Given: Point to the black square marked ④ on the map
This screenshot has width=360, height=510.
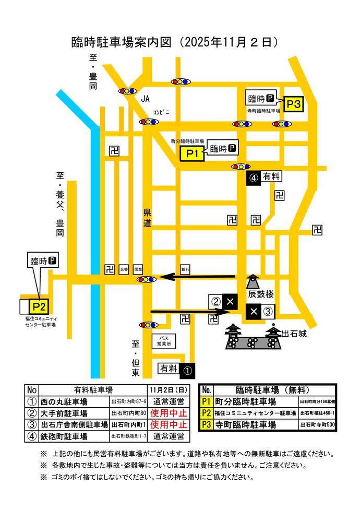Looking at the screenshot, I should (254, 177).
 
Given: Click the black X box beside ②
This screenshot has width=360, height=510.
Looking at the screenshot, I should (230, 301).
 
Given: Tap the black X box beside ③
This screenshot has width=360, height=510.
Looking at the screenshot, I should (254, 312).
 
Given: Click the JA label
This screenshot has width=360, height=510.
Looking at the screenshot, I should (146, 98).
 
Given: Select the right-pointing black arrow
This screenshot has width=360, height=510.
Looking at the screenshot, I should (190, 312).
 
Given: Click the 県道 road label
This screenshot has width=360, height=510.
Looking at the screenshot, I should (148, 218).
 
